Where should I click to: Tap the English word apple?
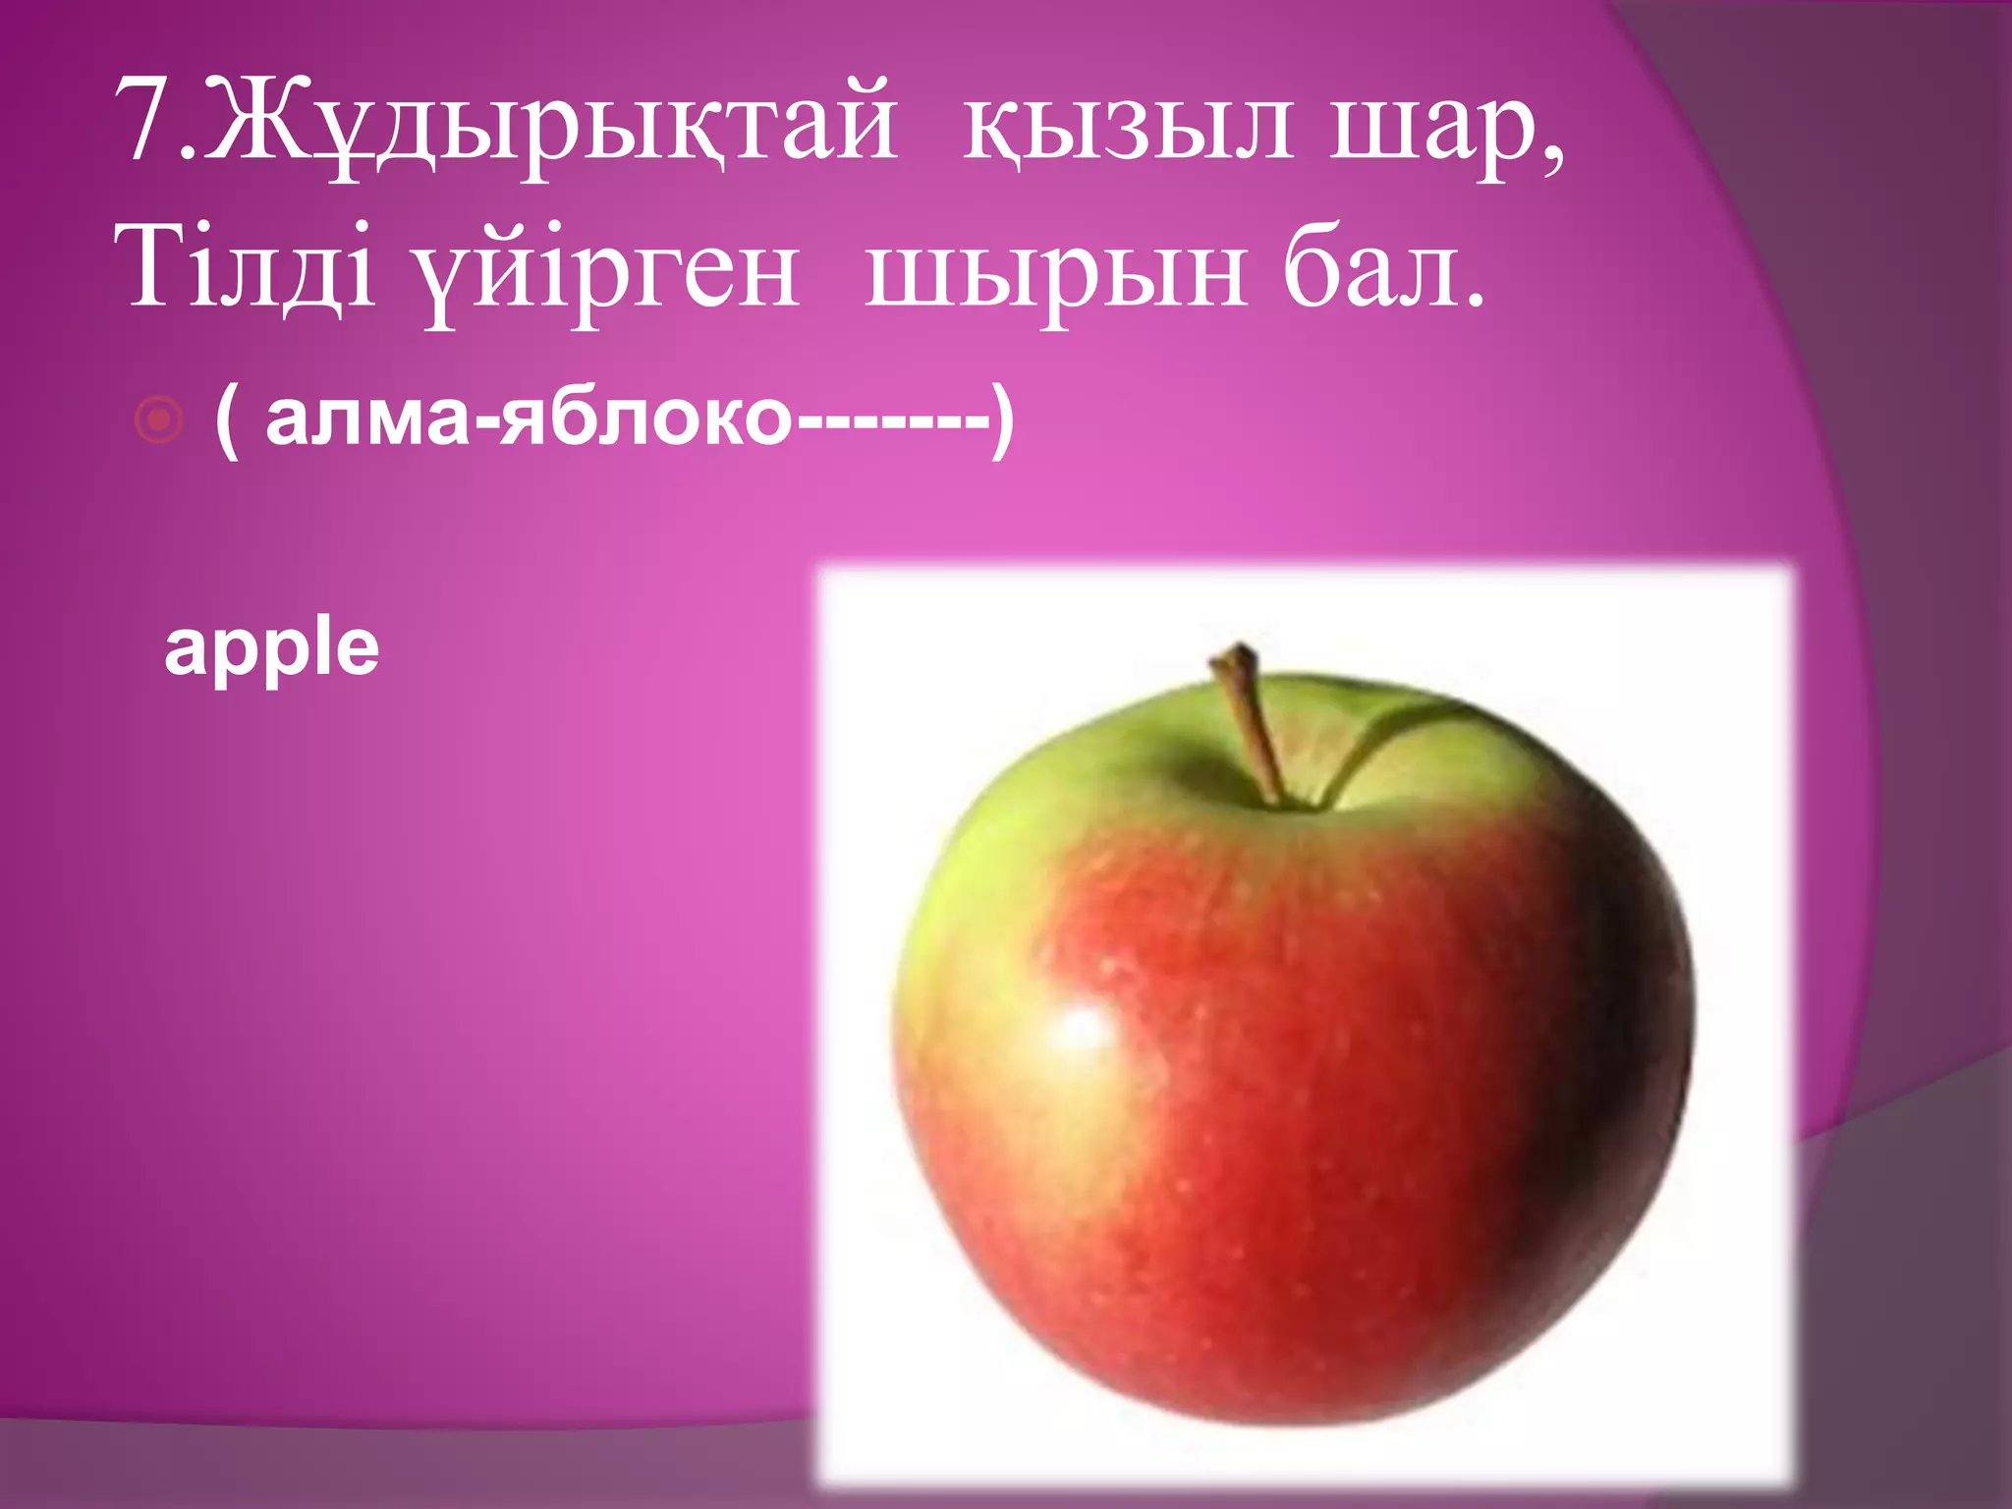(271, 650)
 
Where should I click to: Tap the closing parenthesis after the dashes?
(1002, 420)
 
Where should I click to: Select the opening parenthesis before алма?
(226, 420)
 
